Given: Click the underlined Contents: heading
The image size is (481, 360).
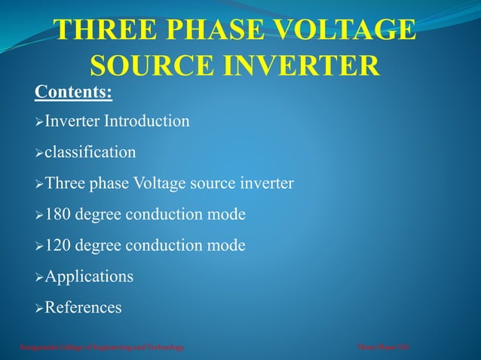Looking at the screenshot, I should (73, 93).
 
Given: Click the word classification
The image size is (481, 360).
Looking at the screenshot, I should (90, 152).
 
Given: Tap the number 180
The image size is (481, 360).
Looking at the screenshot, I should (59, 215).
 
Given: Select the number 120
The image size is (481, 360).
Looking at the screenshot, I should (59, 246).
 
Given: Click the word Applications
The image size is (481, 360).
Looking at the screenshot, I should (89, 276).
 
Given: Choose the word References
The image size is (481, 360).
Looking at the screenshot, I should (83, 307).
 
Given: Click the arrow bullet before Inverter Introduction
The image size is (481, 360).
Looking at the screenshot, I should (39, 121).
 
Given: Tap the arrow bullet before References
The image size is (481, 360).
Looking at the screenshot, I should (39, 308).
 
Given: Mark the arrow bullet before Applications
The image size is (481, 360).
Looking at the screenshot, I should (39, 277).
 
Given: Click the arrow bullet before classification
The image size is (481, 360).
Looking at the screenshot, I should (39, 153).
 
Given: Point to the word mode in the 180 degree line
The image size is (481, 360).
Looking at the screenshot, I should (227, 215).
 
